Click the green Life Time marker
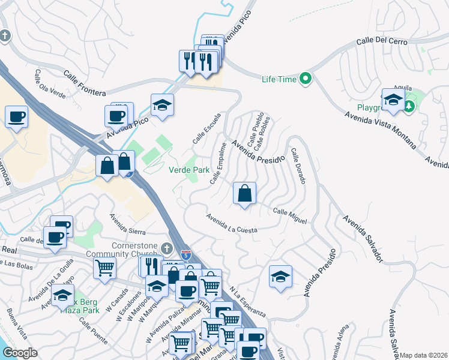(x=306, y=79)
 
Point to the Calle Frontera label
(x=85, y=83)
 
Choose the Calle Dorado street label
(x=298, y=167)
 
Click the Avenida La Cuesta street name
(x=231, y=223)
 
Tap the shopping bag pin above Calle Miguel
(x=245, y=193)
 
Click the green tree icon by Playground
(x=409, y=106)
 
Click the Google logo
(x=20, y=353)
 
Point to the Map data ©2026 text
(x=424, y=355)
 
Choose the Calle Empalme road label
(x=218, y=163)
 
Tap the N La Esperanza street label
(x=247, y=300)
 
